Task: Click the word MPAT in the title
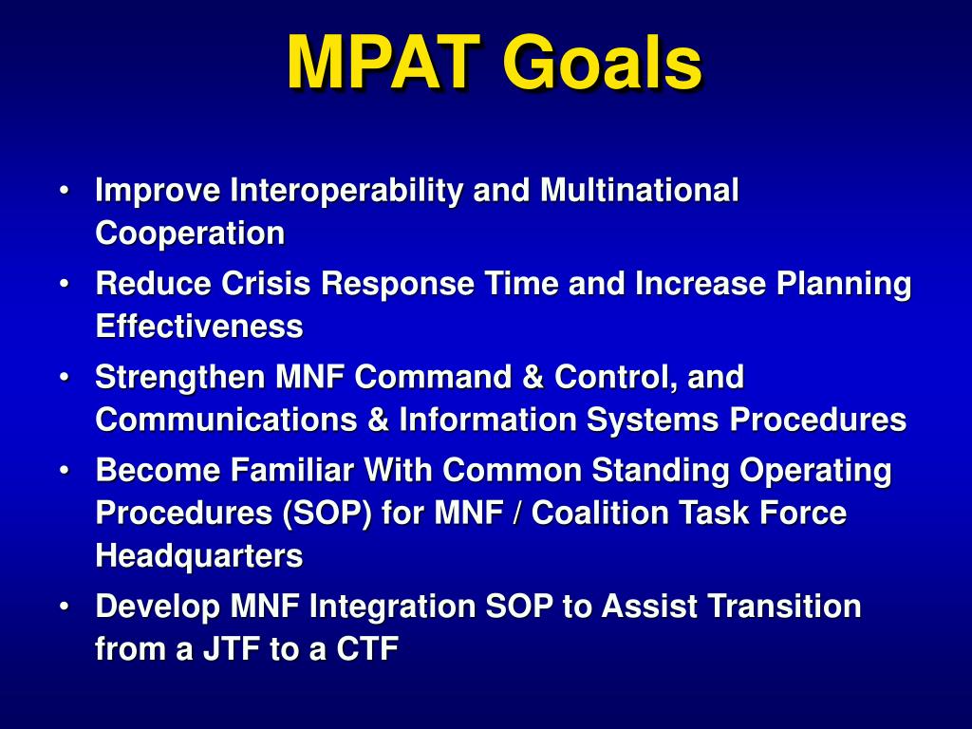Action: point(383,63)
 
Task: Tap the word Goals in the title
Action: point(602,63)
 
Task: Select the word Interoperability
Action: point(346,190)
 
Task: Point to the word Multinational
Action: point(639,190)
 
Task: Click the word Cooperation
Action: point(190,234)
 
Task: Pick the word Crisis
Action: point(266,283)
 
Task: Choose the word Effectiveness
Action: point(199,327)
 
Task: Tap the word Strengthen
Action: point(180,378)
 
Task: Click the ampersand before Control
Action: point(533,377)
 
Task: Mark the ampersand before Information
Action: point(378,420)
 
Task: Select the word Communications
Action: point(226,420)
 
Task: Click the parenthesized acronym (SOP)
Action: point(327,514)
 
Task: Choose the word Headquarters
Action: point(199,556)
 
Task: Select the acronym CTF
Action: point(367,649)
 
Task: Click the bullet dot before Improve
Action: point(64,190)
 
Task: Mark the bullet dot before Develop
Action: point(64,607)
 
